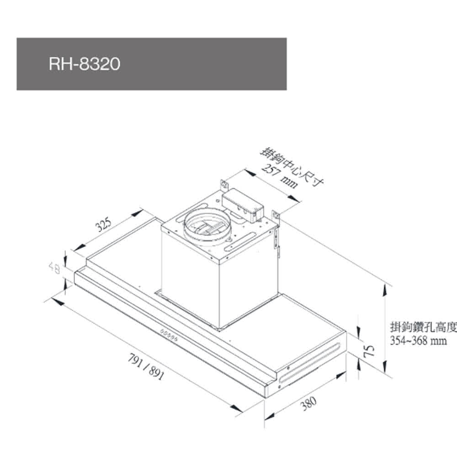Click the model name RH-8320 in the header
pos(84,64)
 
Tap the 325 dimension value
pos(104,224)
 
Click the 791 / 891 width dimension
pos(146,367)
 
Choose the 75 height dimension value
pos(369,351)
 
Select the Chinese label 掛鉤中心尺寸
pos(292,167)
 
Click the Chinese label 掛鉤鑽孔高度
pos(423,327)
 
